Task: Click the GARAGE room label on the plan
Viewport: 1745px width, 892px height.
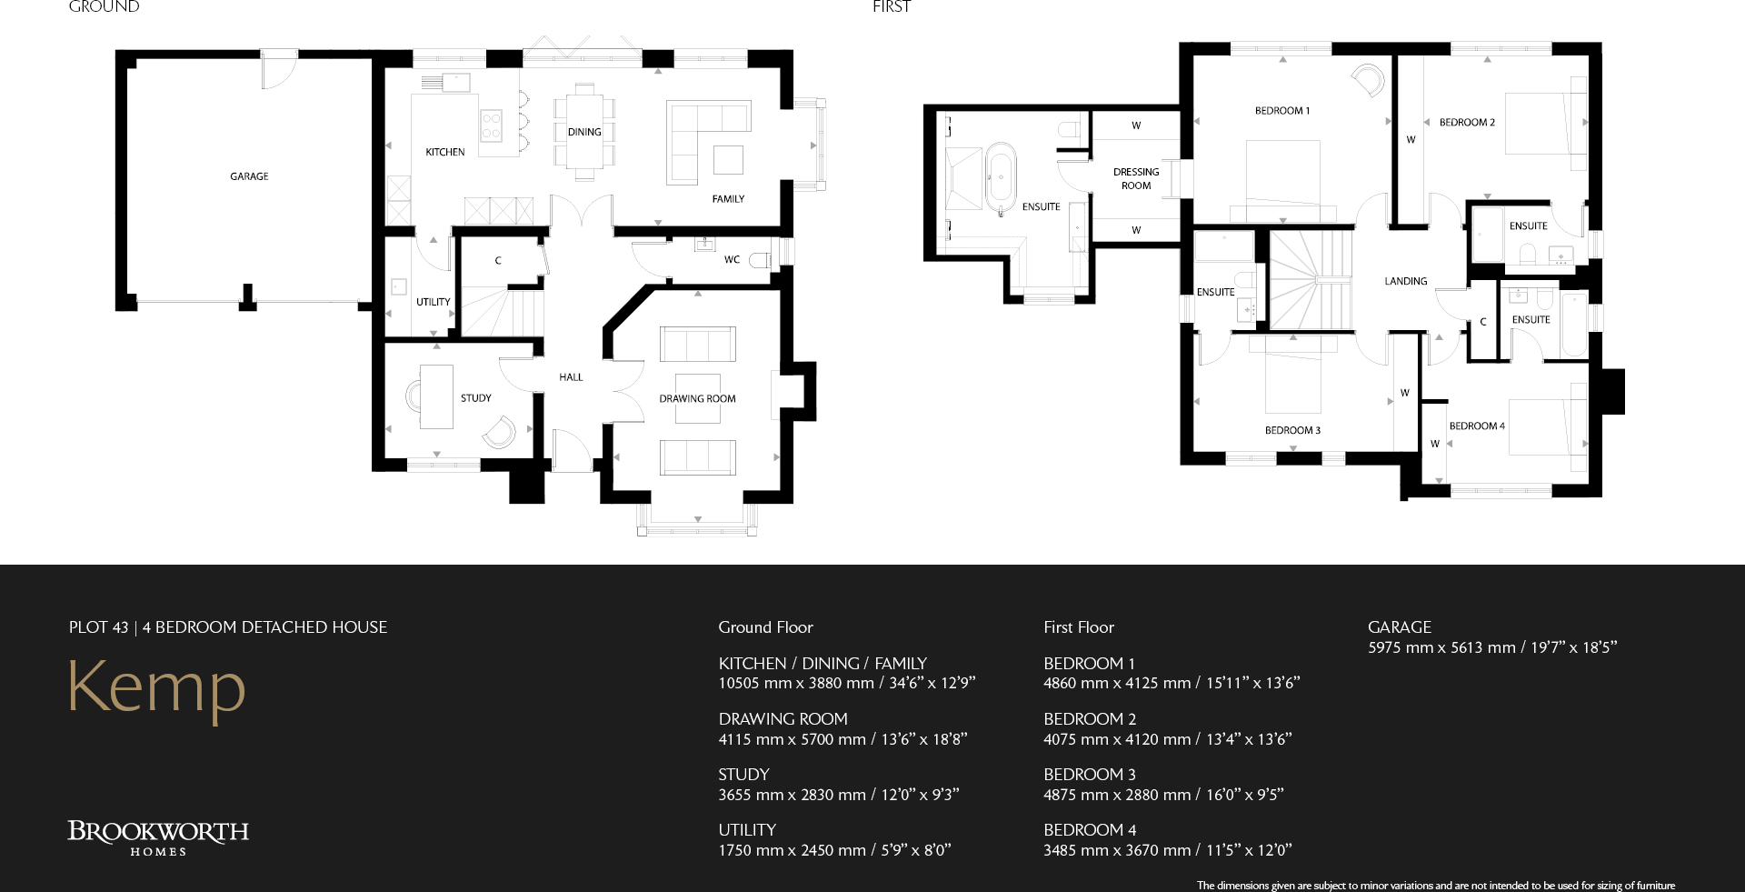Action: click(249, 176)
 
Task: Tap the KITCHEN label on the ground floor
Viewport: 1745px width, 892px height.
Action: click(444, 152)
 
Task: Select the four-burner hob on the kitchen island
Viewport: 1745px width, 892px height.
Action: click(491, 125)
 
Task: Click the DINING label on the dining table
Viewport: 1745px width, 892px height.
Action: click(584, 132)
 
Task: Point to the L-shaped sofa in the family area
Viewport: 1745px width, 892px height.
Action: click(700, 127)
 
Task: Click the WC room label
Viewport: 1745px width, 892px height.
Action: click(732, 259)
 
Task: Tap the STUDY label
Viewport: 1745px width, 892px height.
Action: click(475, 398)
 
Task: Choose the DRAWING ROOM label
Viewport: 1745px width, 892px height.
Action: click(697, 398)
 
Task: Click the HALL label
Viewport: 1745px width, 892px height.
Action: click(571, 376)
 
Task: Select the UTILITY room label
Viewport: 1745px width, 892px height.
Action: click(433, 302)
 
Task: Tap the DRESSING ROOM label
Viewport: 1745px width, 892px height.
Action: click(1136, 178)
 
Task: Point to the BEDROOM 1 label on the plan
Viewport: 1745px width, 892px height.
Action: click(1281, 111)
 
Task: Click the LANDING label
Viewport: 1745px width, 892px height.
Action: click(1405, 281)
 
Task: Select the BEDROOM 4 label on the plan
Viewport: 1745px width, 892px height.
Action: click(1476, 426)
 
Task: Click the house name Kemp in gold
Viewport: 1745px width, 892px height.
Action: click(156, 687)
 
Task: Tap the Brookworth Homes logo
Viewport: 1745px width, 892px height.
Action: click(158, 837)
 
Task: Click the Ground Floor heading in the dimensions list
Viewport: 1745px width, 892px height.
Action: click(765, 627)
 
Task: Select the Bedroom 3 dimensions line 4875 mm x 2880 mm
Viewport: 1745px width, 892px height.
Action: click(1162, 795)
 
